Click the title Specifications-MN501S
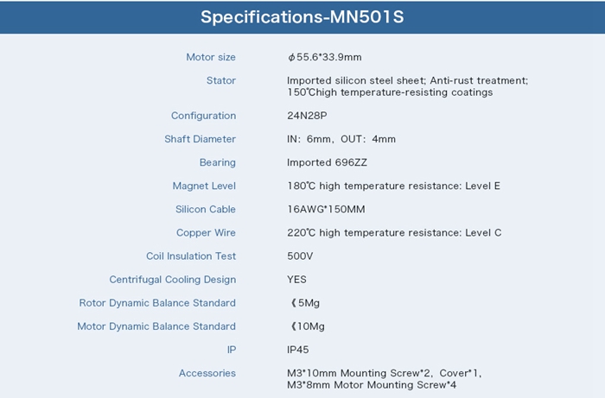pyautogui.click(x=302, y=17)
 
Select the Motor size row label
pyautogui.click(x=211, y=57)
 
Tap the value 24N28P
pyautogui.click(x=307, y=116)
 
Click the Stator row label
pyautogui.click(x=220, y=80)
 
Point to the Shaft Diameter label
pyautogui.click(x=200, y=139)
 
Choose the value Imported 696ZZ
pyautogui.click(x=327, y=162)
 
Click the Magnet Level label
pyautogui.click(x=204, y=186)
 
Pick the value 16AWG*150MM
pyautogui.click(x=326, y=209)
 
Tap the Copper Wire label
pyautogui.click(x=206, y=233)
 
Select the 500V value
pyautogui.click(x=300, y=256)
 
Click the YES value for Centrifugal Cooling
pyautogui.click(x=296, y=280)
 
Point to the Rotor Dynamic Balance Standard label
pyautogui.click(x=157, y=303)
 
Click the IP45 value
pyautogui.click(x=298, y=350)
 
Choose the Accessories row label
pyautogui.click(x=207, y=373)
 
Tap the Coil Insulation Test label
pyautogui.click(x=191, y=256)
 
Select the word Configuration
pyautogui.click(x=203, y=116)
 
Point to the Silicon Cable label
pyautogui.click(x=206, y=209)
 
